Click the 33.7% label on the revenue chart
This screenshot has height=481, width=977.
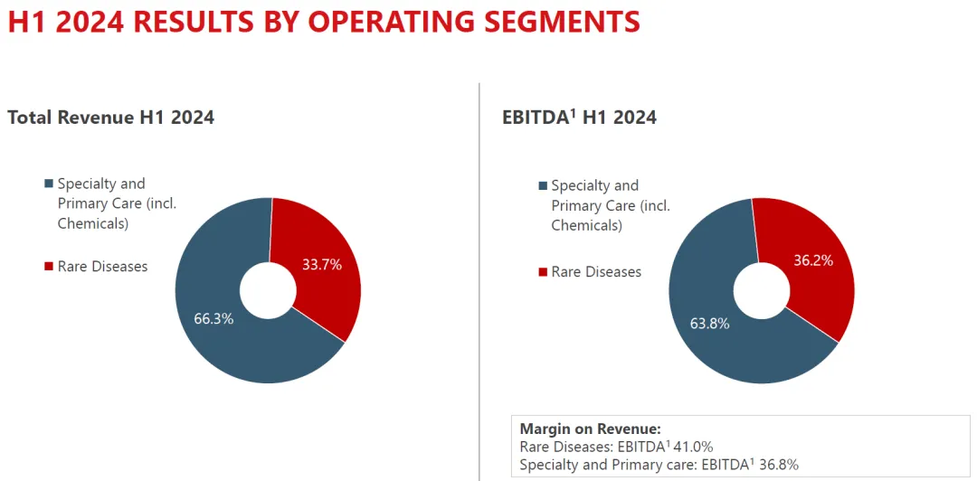322,265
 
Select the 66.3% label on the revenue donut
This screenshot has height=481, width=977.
213,318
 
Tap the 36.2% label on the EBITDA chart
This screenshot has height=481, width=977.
813,260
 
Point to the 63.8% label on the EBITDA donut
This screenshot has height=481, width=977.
709,324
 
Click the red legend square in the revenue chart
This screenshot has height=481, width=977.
49,266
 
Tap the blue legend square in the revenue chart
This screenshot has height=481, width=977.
49,184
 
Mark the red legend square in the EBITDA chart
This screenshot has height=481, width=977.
543,271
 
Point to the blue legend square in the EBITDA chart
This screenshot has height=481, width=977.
543,185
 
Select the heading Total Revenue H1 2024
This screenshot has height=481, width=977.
110,117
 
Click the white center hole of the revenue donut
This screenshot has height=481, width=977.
268,290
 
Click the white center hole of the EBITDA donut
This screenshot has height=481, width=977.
762,290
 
